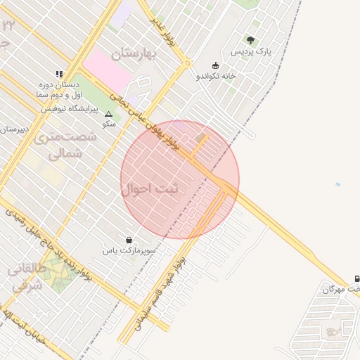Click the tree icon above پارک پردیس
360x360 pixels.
251,40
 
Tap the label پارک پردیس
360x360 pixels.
254,52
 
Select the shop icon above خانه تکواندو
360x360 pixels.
215,65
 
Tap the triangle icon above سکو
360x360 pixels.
108,113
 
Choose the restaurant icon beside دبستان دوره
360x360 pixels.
59,73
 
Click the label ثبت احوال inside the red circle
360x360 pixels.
150,189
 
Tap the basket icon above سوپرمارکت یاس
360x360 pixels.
128,240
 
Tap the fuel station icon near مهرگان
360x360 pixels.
357,278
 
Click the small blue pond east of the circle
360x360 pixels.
338,185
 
